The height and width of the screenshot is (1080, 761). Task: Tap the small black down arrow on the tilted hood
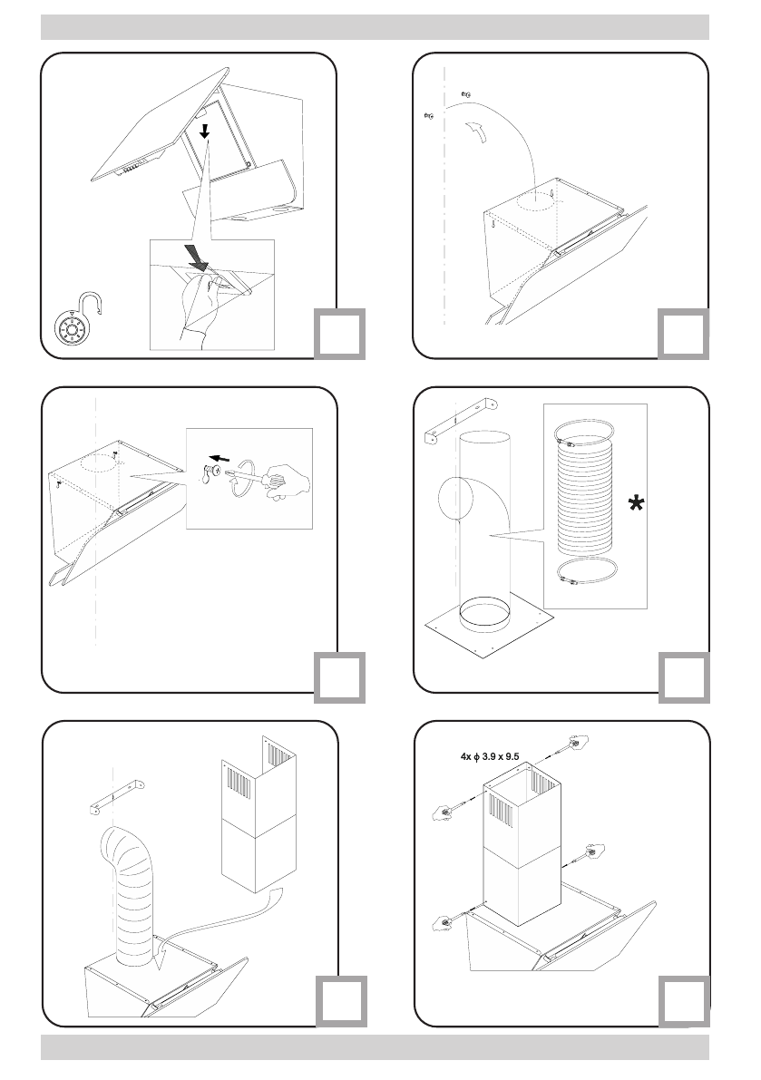pos(205,132)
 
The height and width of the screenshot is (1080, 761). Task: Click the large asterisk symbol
pos(638,505)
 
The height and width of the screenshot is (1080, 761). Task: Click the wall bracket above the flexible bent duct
pos(117,795)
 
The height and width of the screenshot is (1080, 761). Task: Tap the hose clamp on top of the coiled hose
pos(581,439)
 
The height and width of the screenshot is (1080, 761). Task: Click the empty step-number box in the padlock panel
pos(341,333)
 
